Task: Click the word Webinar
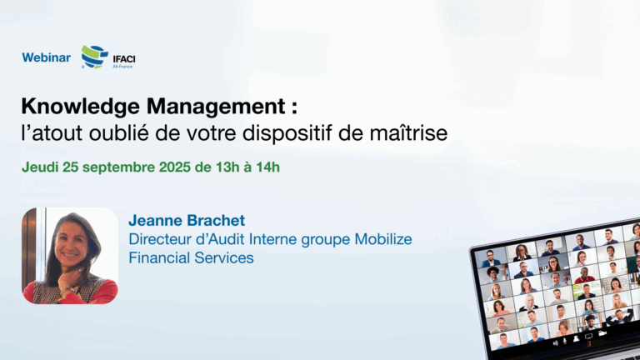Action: click(x=46, y=57)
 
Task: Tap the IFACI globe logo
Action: click(x=95, y=57)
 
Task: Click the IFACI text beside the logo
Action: click(x=124, y=60)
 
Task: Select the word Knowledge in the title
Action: click(x=80, y=107)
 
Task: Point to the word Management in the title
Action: click(x=217, y=107)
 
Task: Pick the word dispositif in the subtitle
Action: click(x=287, y=134)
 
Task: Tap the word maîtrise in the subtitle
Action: click(x=408, y=133)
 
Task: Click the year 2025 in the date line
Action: click(x=175, y=167)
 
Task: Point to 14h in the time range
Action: click(x=267, y=167)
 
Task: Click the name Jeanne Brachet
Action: click(x=187, y=220)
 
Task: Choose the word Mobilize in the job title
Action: click(x=383, y=239)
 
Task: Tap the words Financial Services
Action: click(x=191, y=258)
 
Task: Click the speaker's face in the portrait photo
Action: click(x=71, y=242)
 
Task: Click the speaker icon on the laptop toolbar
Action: click(x=556, y=342)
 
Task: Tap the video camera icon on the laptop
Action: click(x=602, y=334)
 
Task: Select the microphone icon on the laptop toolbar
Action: click(x=565, y=341)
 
